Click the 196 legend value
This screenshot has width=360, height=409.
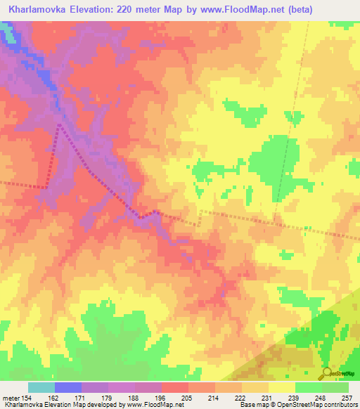click(160, 398)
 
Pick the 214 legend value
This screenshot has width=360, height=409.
click(214, 398)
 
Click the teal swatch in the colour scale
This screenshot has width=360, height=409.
click(41, 387)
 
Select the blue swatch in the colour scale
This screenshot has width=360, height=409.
click(67, 387)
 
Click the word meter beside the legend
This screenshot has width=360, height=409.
click(11, 398)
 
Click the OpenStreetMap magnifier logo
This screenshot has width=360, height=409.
click(326, 372)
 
